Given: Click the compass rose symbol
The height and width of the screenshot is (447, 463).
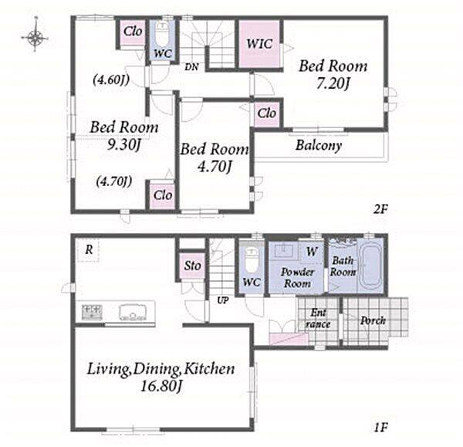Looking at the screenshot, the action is [35, 37].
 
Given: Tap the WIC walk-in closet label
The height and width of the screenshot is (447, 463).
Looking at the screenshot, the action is [259, 44].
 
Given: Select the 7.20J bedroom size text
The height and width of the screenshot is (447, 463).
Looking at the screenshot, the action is [333, 83].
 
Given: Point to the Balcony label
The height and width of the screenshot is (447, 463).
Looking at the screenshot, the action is [319, 145].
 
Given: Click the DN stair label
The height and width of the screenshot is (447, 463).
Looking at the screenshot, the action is [191, 67].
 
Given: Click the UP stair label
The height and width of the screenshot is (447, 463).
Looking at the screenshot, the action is [223, 300].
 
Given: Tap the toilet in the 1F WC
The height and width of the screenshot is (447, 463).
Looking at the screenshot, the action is [252, 259].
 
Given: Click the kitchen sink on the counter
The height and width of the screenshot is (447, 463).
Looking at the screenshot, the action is [133, 313].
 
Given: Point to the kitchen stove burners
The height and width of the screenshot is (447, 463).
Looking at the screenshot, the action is [92, 312].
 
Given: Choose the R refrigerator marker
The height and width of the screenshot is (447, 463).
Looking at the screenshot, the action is [89, 250].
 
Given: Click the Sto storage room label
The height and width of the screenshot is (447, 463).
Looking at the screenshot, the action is [192, 266].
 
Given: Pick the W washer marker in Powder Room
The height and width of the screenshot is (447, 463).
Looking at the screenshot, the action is [312, 252].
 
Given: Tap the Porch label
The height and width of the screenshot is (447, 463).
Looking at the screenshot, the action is [373, 320].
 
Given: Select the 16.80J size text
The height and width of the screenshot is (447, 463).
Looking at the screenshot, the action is [161, 386].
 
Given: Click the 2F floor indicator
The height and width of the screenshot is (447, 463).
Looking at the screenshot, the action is [380, 209].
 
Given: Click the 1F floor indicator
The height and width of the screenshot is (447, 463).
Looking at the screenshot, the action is [380, 427].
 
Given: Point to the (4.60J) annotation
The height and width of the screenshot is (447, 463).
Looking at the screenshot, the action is [111, 80].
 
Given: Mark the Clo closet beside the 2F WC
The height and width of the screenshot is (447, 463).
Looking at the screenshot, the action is [133, 31].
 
